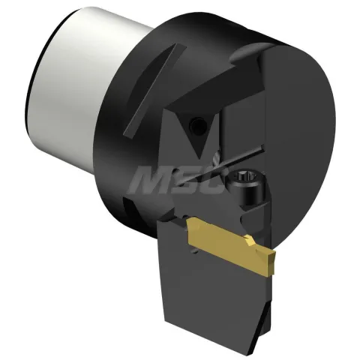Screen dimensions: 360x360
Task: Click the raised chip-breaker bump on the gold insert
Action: tap(250, 241)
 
